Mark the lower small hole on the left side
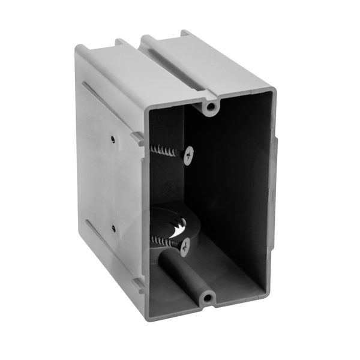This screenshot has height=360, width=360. tap(113, 228)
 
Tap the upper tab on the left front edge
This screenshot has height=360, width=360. tap(137, 139)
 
